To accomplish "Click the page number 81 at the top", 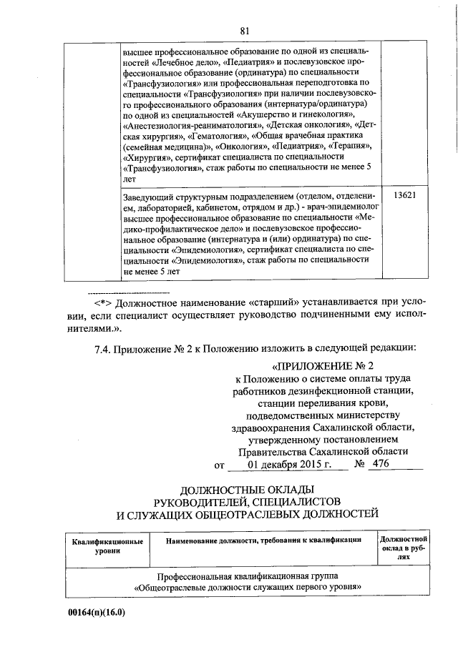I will point(245,30).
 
